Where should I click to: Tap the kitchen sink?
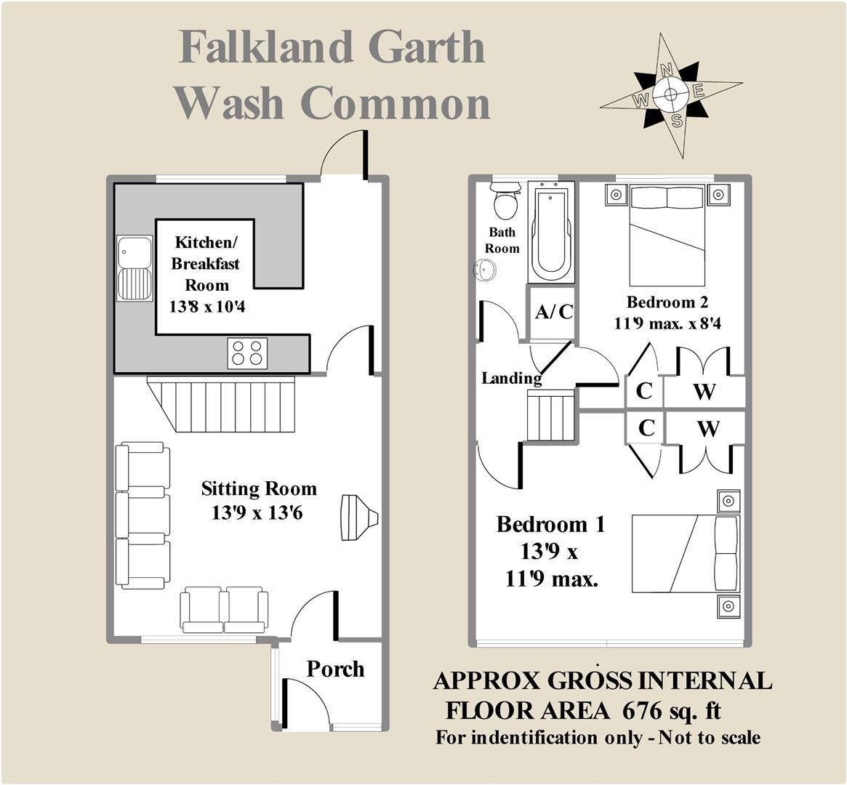(x=135, y=268)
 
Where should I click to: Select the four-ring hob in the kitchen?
(x=246, y=353)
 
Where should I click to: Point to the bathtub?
(x=551, y=231)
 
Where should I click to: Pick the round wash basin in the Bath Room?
(x=485, y=270)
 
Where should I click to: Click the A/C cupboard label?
(x=554, y=313)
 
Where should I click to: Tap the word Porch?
(x=335, y=669)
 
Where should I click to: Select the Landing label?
(x=511, y=378)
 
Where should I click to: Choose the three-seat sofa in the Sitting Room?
(x=142, y=515)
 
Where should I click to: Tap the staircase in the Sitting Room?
(x=222, y=404)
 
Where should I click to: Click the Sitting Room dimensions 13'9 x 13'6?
(x=257, y=512)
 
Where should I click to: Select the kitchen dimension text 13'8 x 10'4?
(x=207, y=307)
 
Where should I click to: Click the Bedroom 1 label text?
(x=550, y=524)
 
